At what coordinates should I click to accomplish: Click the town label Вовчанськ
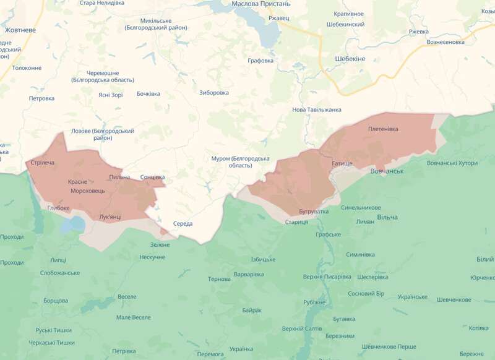[x=387, y=171]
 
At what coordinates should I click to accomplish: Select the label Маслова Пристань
[x=260, y=4]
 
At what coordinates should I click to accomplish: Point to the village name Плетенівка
[x=383, y=129]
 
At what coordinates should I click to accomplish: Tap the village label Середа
[x=183, y=223]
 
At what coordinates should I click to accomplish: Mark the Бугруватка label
[x=313, y=212]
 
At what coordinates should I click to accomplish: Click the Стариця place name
[x=296, y=222]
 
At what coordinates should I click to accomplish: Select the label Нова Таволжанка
[x=317, y=109]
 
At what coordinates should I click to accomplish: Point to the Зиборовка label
[x=214, y=93]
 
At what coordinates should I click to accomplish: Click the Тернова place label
[x=219, y=279]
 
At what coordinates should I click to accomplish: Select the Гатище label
[x=342, y=163]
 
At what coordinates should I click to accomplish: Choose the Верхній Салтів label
[x=301, y=328]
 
